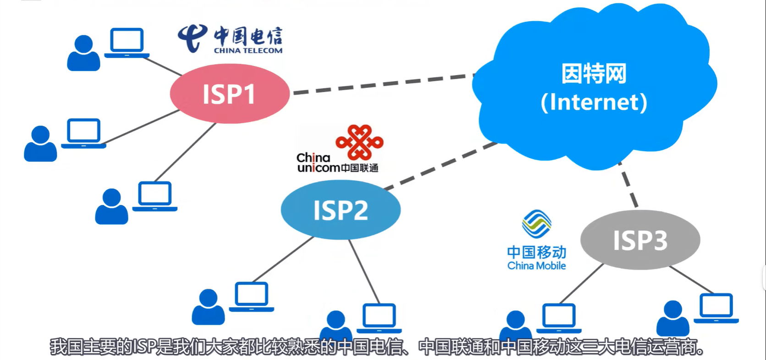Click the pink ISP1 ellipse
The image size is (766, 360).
coord(230,93)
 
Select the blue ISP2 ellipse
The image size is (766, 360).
coord(340,210)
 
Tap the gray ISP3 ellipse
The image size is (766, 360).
coord(640,240)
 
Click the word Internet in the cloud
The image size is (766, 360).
coord(594,102)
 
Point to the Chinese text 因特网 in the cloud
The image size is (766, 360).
coord(594,73)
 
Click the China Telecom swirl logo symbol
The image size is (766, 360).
coord(192,38)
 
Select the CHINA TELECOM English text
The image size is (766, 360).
coord(248,50)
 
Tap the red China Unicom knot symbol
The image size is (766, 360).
coord(359,142)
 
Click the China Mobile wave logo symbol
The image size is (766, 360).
coord(536,224)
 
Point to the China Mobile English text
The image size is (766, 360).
coord(536,266)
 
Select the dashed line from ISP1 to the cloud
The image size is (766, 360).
coord(384,83)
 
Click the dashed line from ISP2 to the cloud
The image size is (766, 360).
coord(441,165)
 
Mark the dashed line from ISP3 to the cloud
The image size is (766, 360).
coord(628,185)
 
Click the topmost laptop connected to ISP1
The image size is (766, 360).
coord(126,43)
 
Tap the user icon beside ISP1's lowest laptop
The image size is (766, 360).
coord(111,206)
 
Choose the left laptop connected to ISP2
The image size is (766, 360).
coord(252,297)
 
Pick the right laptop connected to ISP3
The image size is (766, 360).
coord(716,308)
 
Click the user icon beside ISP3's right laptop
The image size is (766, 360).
coord(673,318)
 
